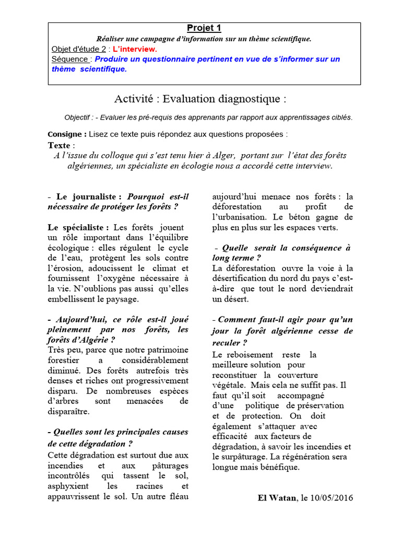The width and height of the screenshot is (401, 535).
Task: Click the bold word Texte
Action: pyautogui.click(x=59, y=145)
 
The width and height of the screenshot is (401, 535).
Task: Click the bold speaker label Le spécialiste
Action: pyautogui.click(x=78, y=227)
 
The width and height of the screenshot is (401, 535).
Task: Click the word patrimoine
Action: pyautogui.click(x=164, y=350)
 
